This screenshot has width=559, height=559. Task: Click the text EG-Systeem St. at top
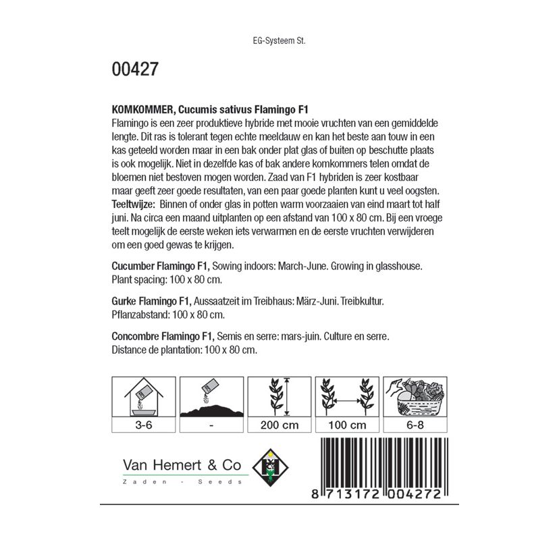[x=279, y=40]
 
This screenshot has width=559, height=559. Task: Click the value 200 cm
[x=279, y=425]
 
